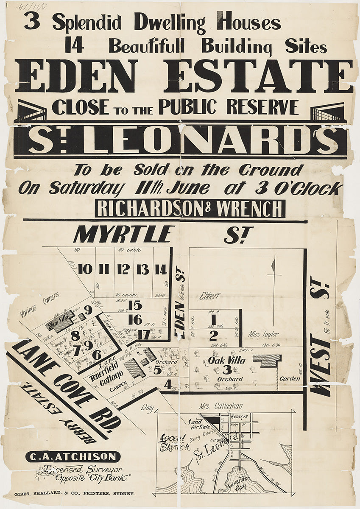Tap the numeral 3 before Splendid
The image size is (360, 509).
[x=32, y=20]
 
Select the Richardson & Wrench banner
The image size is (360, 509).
[x=190, y=209]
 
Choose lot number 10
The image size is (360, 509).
[x=85, y=269]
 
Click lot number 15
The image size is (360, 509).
[x=135, y=305]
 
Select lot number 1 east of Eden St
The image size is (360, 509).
[x=213, y=317]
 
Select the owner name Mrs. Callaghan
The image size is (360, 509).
[x=220, y=406]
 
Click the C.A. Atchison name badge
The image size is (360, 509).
[x=73, y=457]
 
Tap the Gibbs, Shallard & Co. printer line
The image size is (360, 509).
[x=75, y=494]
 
